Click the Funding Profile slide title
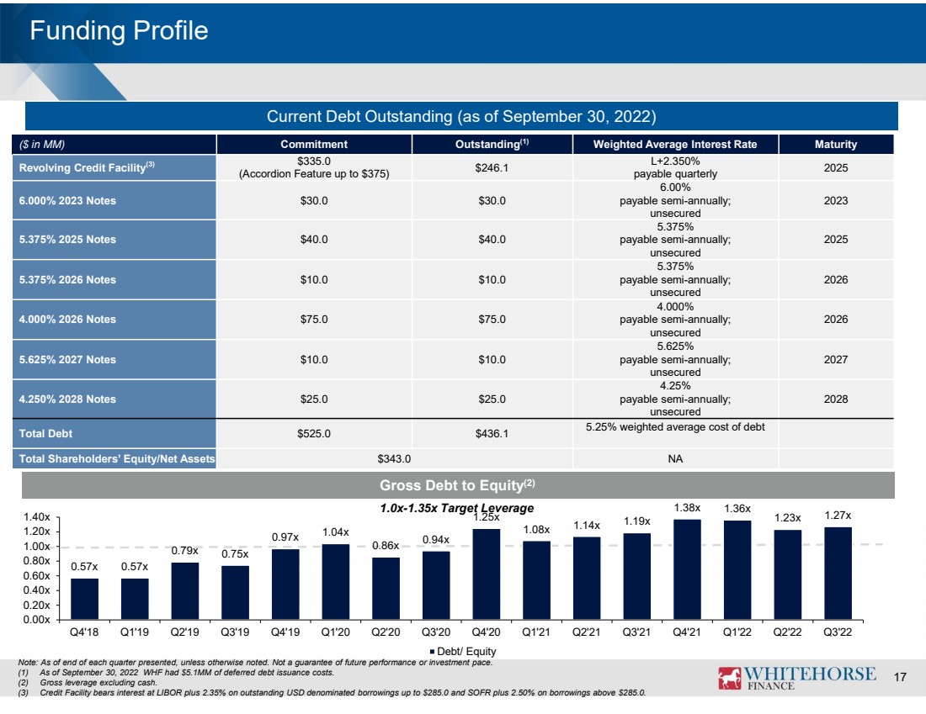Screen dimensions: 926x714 click(x=119, y=30)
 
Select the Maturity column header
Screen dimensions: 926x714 click(x=836, y=144)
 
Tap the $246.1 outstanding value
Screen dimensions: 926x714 click(x=492, y=167)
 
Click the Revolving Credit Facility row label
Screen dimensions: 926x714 click(x=87, y=167)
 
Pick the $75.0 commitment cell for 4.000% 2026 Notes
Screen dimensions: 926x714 click(x=314, y=320)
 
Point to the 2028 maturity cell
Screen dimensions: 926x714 click(x=836, y=399)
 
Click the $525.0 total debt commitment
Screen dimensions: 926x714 click(x=314, y=434)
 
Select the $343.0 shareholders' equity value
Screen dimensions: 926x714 click(x=394, y=458)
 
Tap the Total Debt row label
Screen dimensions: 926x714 click(x=45, y=434)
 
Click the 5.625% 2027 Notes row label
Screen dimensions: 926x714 click(x=67, y=359)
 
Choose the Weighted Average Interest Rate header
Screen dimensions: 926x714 click(x=675, y=144)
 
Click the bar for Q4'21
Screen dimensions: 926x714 click(x=687, y=569)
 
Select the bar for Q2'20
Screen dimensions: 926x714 click(x=386, y=589)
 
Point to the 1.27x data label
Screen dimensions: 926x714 click(x=838, y=516)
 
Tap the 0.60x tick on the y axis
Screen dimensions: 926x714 click(x=36, y=575)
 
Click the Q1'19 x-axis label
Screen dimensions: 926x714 click(x=135, y=632)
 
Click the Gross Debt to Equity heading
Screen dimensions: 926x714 click(x=457, y=485)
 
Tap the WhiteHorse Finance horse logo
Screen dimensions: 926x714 click(x=729, y=678)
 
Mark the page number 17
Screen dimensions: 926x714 click(x=899, y=677)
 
